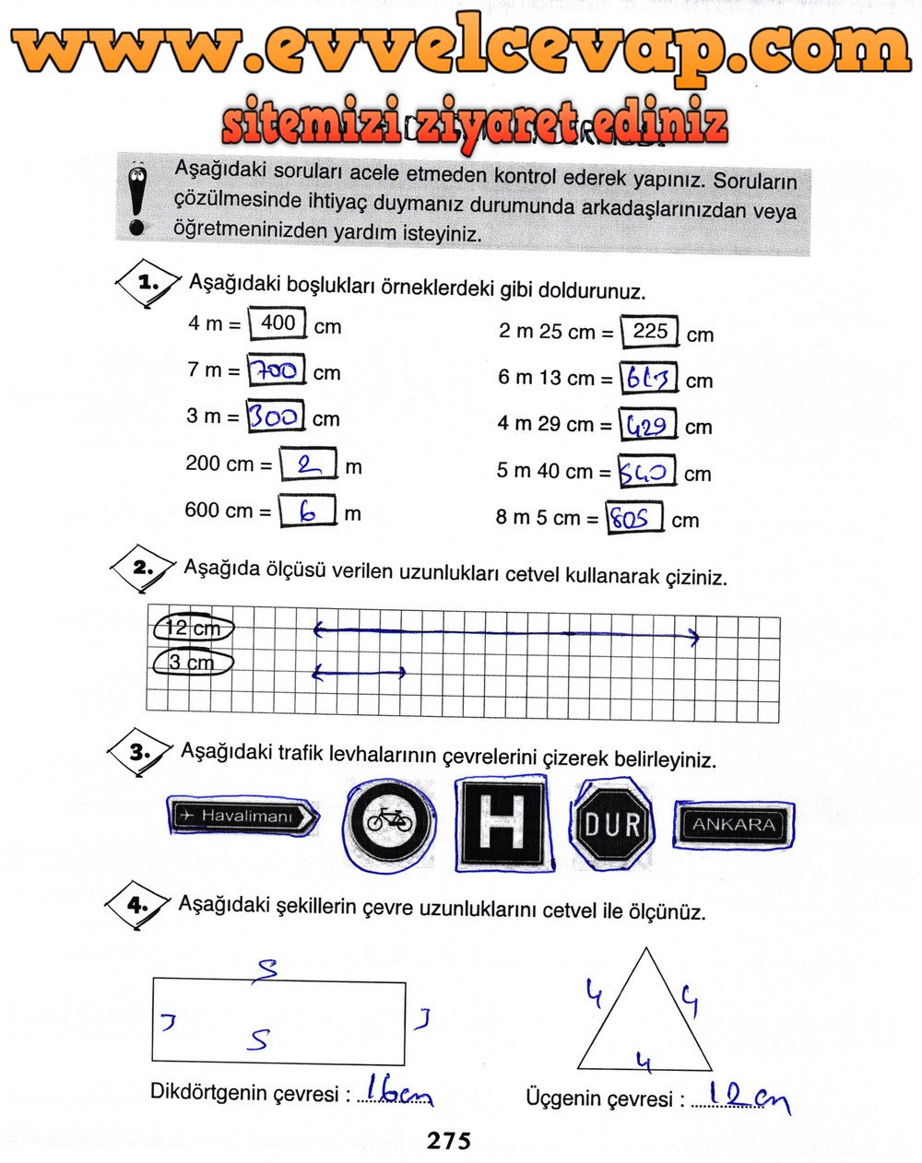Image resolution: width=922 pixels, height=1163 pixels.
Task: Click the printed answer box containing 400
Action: click(x=278, y=323)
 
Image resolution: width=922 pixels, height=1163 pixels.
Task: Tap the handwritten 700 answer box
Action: click(x=277, y=370)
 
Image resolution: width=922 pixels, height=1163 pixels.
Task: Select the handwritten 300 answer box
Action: click(x=276, y=417)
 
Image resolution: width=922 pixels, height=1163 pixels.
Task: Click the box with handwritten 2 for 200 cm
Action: click(x=308, y=464)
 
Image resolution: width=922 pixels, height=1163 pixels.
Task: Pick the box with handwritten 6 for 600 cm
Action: click(x=307, y=511)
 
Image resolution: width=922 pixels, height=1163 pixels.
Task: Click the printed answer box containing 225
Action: click(x=650, y=331)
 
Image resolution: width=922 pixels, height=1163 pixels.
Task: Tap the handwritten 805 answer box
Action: click(x=634, y=517)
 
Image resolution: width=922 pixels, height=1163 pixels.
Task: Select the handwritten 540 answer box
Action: click(x=647, y=471)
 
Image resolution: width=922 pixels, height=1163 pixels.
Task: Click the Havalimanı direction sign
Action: click(x=244, y=816)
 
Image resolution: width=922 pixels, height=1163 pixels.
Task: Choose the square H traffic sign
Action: click(x=504, y=822)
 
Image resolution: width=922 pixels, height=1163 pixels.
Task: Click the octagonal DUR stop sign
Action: click(x=613, y=822)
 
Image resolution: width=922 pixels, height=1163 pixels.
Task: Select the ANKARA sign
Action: click(x=734, y=824)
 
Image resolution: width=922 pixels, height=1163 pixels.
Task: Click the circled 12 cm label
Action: click(x=193, y=628)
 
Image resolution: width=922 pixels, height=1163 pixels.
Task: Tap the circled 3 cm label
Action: click(x=192, y=663)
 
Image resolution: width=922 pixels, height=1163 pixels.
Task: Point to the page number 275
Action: click(x=449, y=1141)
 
